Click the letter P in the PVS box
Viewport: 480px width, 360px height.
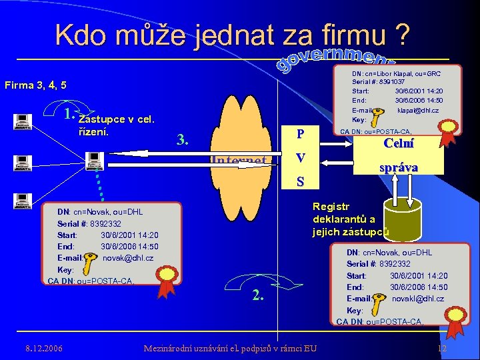click(301, 134)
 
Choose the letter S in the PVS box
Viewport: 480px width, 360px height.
click(301, 181)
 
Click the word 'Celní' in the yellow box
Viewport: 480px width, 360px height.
click(399, 143)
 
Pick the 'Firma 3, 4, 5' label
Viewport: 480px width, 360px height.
click(35, 85)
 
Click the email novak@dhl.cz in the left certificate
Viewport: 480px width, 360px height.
click(128, 257)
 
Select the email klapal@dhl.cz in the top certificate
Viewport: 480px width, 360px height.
click(418, 110)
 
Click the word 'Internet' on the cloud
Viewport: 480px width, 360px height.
click(238, 161)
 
